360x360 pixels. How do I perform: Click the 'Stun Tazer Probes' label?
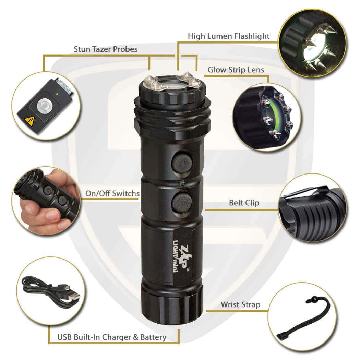(x=106, y=49)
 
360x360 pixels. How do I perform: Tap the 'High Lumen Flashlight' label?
(x=229, y=36)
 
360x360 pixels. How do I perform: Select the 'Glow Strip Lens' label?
(x=236, y=70)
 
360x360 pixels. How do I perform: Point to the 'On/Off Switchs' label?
(x=112, y=193)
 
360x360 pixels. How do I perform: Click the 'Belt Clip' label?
(x=244, y=203)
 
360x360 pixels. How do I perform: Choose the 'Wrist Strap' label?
(x=240, y=305)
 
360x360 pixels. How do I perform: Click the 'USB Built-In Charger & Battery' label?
(x=112, y=337)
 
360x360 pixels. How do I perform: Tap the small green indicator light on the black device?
(x=57, y=94)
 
